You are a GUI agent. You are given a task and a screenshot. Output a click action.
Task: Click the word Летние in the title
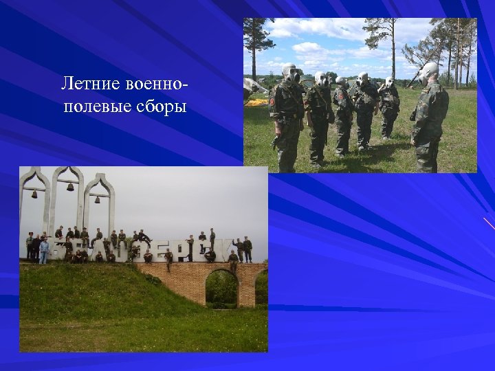tap(91, 85)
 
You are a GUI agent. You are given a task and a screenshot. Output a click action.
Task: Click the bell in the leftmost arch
tap(34, 194)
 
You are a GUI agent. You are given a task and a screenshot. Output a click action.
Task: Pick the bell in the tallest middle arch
tap(69, 186)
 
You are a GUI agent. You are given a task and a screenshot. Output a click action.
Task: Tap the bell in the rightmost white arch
tap(97, 199)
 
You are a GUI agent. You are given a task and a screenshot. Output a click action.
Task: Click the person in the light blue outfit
tap(44, 251)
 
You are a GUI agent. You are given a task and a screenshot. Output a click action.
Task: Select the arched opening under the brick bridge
tap(221, 288)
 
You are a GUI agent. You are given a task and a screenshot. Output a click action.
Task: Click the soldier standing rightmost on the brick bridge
tap(247, 249)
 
